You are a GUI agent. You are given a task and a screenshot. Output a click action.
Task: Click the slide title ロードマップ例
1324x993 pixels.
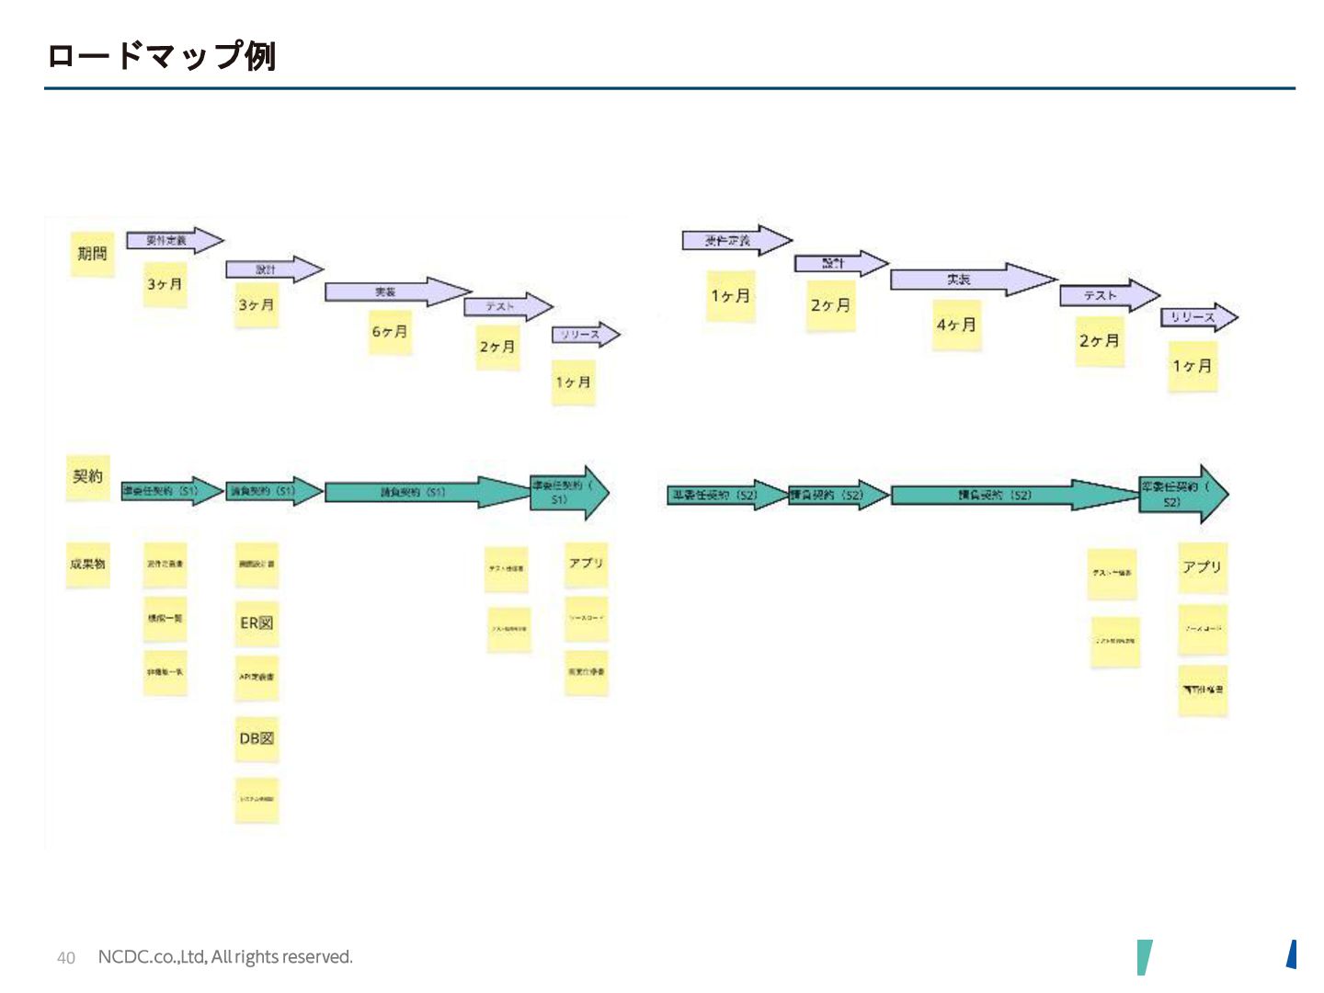coord(161,55)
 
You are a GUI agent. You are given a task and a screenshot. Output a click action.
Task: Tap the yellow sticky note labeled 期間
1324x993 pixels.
coord(92,254)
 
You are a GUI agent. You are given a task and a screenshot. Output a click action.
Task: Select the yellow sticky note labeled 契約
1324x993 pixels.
coord(88,477)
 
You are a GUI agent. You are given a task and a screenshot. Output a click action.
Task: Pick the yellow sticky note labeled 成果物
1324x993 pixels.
coord(88,564)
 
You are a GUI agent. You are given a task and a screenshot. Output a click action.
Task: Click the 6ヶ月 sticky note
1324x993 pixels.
coord(390,332)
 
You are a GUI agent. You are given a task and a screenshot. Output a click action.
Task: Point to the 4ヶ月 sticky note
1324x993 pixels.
coord(956,325)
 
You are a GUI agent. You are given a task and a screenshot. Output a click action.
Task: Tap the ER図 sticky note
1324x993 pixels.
coord(257,623)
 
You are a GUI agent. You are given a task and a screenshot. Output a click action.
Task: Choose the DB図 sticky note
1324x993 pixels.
coord(257,738)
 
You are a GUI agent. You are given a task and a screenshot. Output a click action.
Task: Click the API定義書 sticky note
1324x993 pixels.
coord(257,678)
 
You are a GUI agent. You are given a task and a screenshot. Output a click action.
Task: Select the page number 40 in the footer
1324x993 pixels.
coord(66,958)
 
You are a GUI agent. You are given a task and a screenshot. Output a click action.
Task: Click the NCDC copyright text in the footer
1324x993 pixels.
coord(225,957)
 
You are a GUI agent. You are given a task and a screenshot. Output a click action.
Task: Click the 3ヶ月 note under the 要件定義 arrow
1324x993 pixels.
coord(165,285)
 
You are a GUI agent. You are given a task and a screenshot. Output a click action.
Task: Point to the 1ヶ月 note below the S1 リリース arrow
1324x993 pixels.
coord(574,382)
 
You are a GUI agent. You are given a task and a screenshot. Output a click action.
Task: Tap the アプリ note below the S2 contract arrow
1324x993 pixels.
coord(1203,567)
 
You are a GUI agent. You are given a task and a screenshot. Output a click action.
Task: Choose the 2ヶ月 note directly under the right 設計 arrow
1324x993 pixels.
coord(831,306)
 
